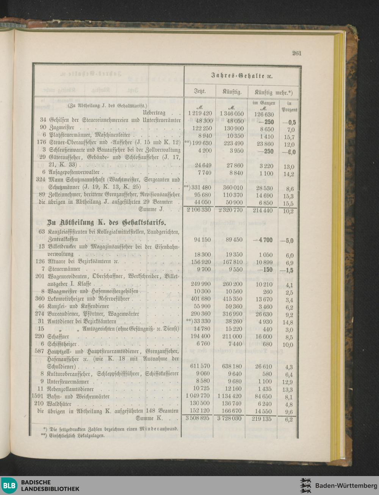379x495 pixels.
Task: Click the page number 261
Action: (x=297, y=53)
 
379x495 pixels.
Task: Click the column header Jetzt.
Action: (x=200, y=91)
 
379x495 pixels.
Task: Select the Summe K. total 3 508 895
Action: (x=197, y=418)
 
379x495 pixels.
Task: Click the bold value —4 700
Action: (x=263, y=240)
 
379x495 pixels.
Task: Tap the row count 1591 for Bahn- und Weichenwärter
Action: (x=38, y=396)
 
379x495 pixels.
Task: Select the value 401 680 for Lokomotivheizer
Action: (x=199, y=299)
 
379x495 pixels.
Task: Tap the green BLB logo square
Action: (x=9, y=486)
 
